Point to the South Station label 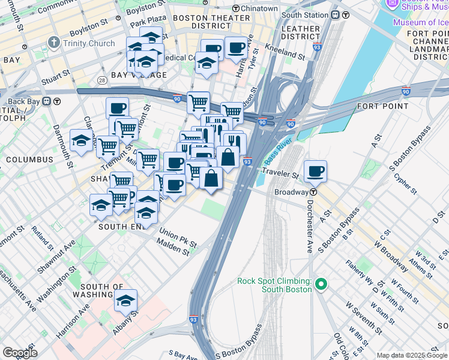(x=304, y=15)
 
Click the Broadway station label (x=291, y=192)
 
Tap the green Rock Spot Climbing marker (x=321, y=284)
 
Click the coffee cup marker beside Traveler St (x=315, y=172)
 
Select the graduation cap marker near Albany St (x=125, y=300)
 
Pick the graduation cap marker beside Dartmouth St (x=81, y=141)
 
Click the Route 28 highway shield (x=103, y=80)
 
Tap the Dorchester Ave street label (x=309, y=225)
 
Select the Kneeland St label (x=286, y=52)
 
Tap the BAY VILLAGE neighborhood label (x=139, y=75)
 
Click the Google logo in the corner (x=20, y=353)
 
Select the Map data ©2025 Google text (x=412, y=355)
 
